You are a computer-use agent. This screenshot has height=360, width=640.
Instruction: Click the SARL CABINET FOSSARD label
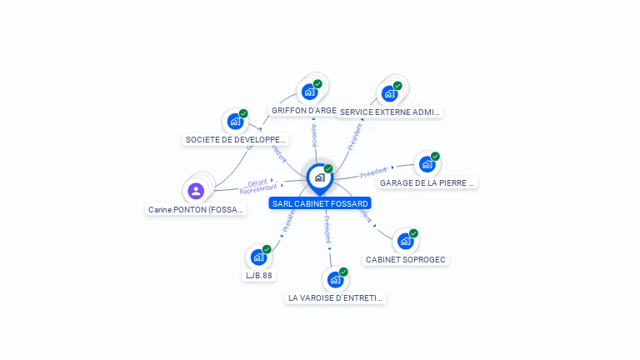319,203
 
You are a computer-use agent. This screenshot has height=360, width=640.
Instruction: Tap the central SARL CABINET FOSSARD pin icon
319,177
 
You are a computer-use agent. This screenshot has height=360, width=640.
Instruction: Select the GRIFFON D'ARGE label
304,110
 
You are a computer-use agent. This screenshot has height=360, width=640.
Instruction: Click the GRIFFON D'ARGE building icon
310,92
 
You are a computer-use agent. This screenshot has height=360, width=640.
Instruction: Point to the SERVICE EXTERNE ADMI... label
389,112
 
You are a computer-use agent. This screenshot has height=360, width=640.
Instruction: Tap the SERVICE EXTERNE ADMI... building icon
389,93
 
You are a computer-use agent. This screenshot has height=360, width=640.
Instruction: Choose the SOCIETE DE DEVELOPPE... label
236,140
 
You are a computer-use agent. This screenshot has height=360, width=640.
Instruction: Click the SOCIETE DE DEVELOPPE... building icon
236,122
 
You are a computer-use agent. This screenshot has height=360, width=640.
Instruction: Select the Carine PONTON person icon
196,192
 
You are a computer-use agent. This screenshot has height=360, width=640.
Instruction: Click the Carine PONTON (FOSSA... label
197,210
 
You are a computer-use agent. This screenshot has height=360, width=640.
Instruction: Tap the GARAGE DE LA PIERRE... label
427,182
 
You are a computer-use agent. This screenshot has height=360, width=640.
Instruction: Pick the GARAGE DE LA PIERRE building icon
427,164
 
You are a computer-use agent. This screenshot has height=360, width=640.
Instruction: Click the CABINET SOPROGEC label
406,259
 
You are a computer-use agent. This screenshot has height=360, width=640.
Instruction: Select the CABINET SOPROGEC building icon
405,241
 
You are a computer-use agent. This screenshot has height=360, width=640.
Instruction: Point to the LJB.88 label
258,275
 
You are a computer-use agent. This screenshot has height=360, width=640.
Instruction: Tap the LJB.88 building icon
258,257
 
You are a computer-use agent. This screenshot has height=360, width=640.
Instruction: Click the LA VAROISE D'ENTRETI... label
336,297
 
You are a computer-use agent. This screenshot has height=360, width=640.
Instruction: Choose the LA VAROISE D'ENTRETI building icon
335,279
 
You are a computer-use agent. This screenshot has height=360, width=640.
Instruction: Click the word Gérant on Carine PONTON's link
257,182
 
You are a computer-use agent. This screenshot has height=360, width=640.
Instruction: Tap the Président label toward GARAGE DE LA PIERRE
373,172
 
